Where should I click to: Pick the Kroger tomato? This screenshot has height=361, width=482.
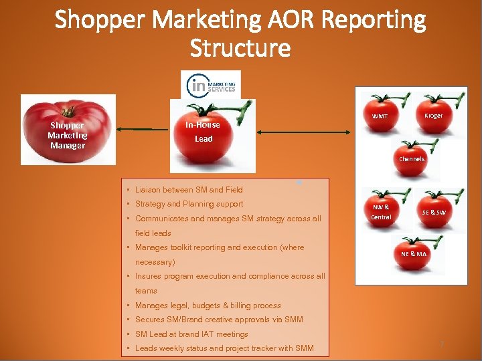(434, 115)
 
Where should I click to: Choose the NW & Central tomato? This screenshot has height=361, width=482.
(381, 211)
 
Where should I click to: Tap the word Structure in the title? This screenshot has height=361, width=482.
(240, 48)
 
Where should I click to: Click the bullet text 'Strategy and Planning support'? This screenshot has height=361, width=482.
(189, 204)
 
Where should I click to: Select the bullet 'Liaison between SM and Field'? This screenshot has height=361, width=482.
(189, 190)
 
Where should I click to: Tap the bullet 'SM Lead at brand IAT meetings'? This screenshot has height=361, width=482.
(191, 334)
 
